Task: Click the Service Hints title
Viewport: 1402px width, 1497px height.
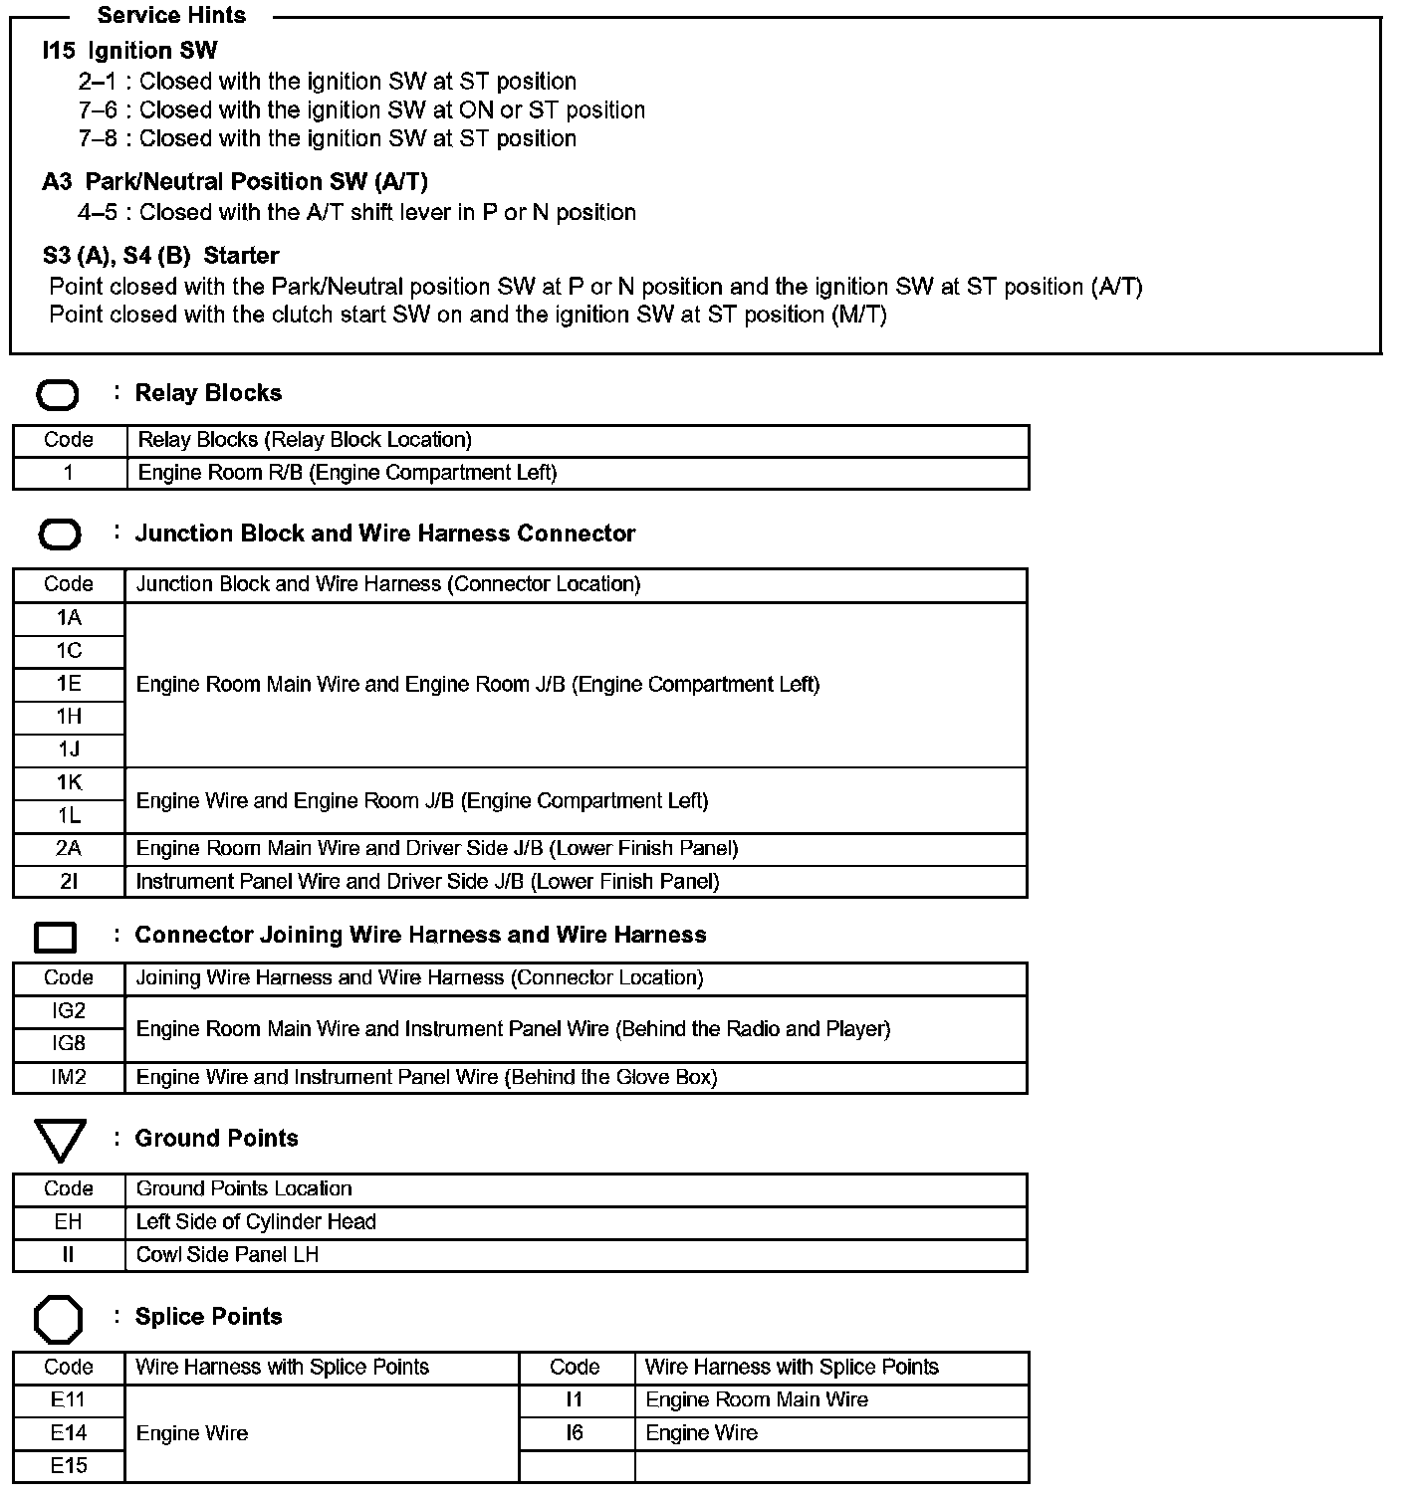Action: click(171, 15)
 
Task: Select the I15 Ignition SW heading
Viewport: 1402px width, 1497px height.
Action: click(129, 51)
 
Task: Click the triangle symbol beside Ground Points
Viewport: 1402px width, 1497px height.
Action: click(60, 1140)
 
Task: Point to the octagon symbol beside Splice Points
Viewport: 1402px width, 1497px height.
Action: click(59, 1320)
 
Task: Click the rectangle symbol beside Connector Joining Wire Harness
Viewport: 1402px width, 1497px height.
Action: click(56, 937)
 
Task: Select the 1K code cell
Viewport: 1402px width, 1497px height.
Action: click(69, 783)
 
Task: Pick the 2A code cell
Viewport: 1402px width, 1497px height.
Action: click(69, 849)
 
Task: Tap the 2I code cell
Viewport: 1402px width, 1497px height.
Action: click(69, 882)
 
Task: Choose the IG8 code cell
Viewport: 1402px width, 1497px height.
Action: click(69, 1044)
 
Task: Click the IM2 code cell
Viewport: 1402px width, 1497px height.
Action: click(69, 1077)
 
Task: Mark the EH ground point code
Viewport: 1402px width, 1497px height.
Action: click(69, 1222)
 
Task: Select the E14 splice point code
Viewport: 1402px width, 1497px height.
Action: click(69, 1433)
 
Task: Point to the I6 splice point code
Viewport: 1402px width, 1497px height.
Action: click(575, 1433)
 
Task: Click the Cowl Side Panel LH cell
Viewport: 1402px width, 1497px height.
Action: click(228, 1255)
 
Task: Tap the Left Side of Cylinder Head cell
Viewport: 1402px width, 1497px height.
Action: click(256, 1222)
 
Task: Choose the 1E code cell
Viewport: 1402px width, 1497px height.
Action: click(69, 684)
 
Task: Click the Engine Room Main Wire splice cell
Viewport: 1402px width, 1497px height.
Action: click(757, 1400)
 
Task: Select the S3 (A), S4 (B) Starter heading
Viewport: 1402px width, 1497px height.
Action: click(160, 256)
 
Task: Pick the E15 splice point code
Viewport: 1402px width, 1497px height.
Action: click(69, 1466)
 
